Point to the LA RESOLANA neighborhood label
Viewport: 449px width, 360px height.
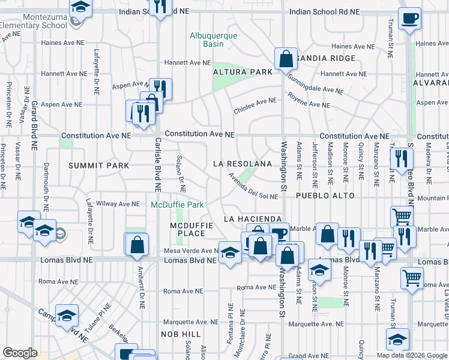(x=243, y=164)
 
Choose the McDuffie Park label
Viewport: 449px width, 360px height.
(x=177, y=205)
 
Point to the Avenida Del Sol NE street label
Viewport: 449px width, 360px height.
(x=253, y=187)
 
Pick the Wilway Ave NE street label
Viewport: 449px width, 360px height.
(x=118, y=204)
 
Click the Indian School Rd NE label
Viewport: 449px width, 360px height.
(x=324, y=12)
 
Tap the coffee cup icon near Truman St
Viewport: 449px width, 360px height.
(x=410, y=19)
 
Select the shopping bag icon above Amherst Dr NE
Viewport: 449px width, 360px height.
(x=137, y=244)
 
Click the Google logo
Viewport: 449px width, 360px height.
(x=20, y=353)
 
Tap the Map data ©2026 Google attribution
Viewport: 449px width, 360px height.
(x=412, y=355)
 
